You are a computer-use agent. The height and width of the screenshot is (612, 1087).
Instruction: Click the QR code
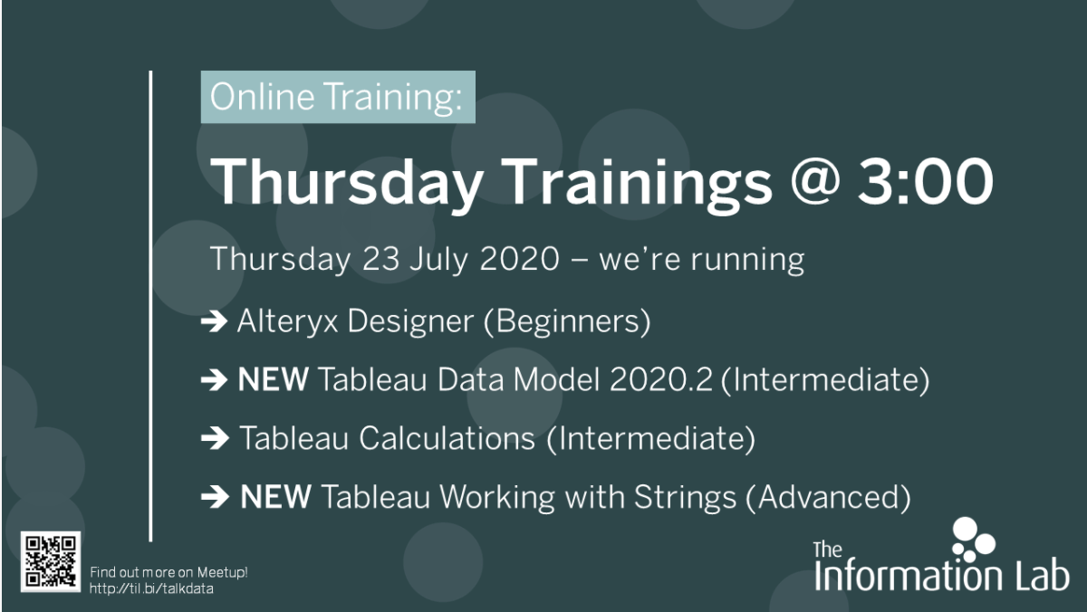51,561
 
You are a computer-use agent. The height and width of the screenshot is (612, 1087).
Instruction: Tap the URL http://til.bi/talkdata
151,588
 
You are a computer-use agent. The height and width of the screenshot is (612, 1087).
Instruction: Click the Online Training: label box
338,97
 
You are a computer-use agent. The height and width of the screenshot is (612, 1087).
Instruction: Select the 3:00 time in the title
926,182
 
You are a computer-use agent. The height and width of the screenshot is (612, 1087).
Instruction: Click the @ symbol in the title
815,184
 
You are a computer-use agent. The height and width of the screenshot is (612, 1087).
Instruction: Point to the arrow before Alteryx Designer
214,321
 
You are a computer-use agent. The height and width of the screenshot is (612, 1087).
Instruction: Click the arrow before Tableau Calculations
215,438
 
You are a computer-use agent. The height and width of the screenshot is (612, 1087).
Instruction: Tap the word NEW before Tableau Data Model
274,379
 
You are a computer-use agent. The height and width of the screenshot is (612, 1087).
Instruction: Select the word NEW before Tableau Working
275,497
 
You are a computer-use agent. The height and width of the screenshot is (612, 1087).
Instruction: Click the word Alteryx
287,322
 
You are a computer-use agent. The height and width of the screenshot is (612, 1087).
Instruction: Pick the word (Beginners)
567,322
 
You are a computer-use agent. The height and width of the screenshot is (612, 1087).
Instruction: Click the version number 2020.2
661,379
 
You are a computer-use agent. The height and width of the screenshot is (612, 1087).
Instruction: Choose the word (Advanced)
828,498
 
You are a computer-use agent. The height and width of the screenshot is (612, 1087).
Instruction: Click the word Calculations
447,438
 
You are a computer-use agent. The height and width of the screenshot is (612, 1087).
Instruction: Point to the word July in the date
438,260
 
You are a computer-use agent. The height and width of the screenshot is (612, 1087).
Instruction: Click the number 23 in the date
380,259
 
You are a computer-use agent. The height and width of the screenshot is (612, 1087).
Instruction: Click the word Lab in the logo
1042,576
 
